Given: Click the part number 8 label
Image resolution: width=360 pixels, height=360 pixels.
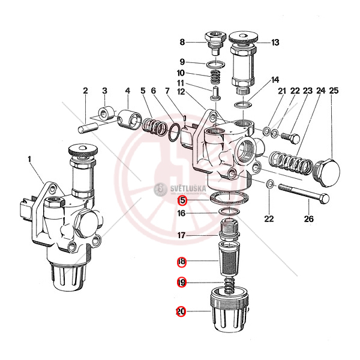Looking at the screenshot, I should pos(182,42).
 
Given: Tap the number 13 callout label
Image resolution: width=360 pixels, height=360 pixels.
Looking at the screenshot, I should pos(275,42).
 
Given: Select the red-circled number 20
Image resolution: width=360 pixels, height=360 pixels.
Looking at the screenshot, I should pos(181,312).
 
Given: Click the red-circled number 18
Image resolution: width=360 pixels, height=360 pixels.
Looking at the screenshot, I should pos(181,262).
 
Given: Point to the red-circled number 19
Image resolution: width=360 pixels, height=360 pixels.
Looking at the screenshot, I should pos(181,282).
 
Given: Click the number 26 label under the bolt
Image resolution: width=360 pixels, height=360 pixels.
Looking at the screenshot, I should pos(309,218).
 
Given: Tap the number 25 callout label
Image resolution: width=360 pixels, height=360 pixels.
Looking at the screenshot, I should pos(334,91).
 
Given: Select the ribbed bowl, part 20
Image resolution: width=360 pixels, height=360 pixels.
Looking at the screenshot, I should pos(229,312).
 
